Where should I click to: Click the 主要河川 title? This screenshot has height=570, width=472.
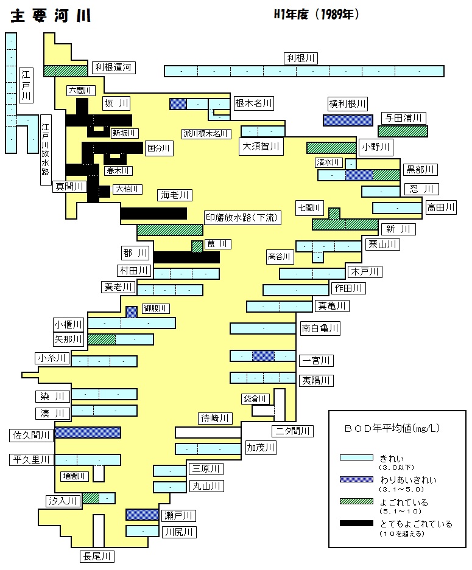pos(51,16)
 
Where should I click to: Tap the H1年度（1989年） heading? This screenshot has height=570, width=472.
pos(317,14)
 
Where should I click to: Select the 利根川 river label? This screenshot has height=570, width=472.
pos(301,58)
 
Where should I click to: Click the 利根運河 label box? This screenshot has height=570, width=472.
pos(113,68)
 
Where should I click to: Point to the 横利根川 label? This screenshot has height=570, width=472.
pos(348,104)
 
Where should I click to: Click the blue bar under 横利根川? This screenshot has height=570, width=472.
pos(348,120)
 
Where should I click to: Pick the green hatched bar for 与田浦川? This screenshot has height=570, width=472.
pos(403,131)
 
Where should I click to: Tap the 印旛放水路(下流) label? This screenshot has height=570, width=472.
pos(242,218)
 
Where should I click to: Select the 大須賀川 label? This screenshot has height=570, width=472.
pos(261,147)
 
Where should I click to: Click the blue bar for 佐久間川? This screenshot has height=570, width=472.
pos(88,433)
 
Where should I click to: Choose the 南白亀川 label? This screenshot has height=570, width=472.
pos(320,328)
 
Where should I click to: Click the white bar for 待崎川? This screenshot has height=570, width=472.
pos(208,433)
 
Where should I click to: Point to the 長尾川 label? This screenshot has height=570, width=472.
pos(97,557)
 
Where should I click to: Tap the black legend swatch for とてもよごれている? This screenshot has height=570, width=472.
pos(356,523)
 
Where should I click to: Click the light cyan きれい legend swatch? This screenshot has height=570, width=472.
pos(356,457)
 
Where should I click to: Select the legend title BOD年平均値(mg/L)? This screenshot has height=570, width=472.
pos(392,428)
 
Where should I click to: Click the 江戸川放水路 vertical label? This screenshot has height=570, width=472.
pos(46,150)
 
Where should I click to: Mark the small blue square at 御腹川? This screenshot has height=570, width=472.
pos(132,312)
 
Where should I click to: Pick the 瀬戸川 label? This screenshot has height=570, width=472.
pos(178,515)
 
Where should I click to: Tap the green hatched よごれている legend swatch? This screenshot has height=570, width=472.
pos(356,501)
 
